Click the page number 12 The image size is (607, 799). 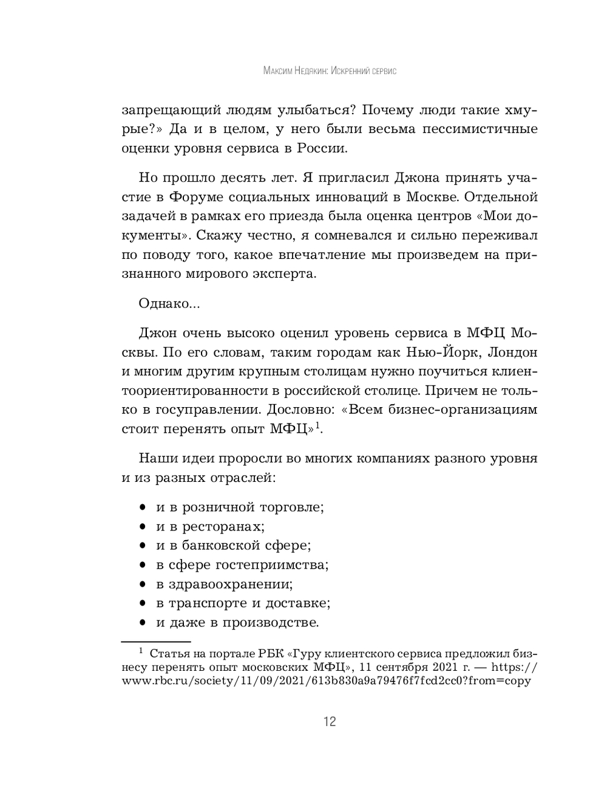tap(330, 722)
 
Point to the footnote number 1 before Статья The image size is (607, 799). tap(140, 651)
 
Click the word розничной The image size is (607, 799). tap(219, 507)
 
